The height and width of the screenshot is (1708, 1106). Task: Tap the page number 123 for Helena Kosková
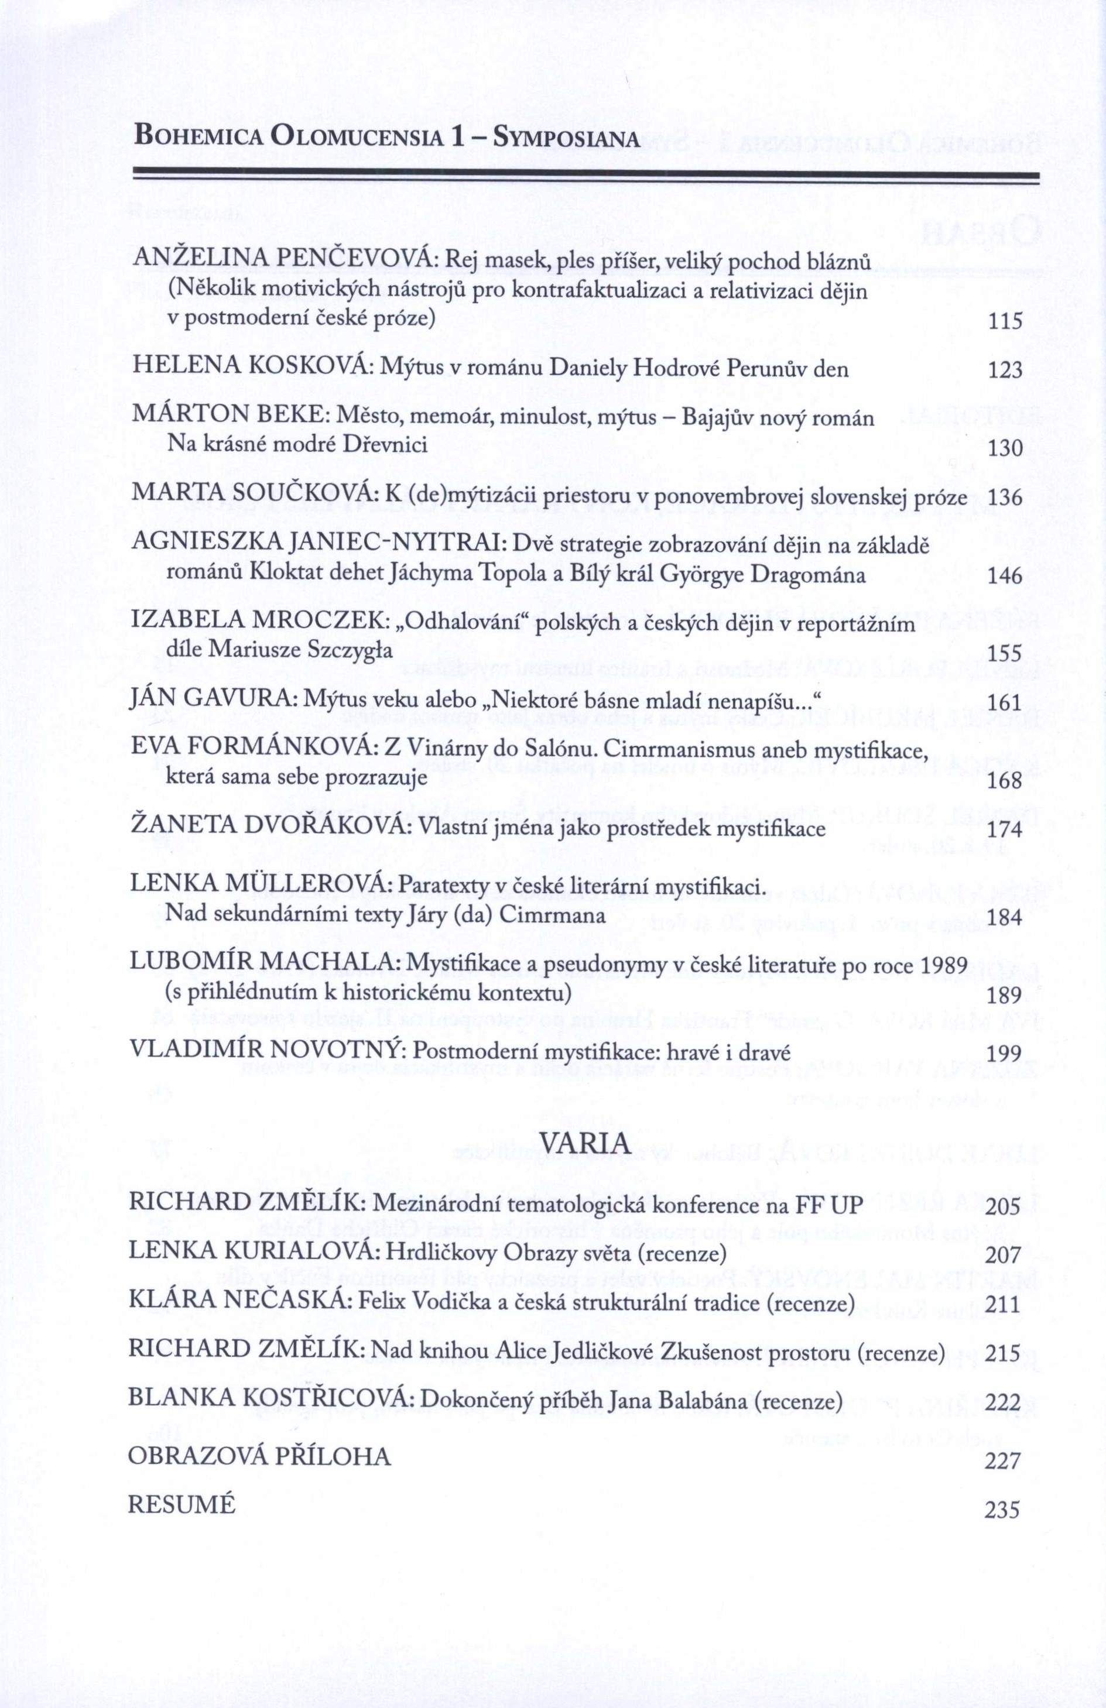click(x=1005, y=371)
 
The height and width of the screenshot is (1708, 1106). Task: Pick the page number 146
click(x=1005, y=575)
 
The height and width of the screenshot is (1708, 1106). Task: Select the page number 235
click(x=1002, y=1491)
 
